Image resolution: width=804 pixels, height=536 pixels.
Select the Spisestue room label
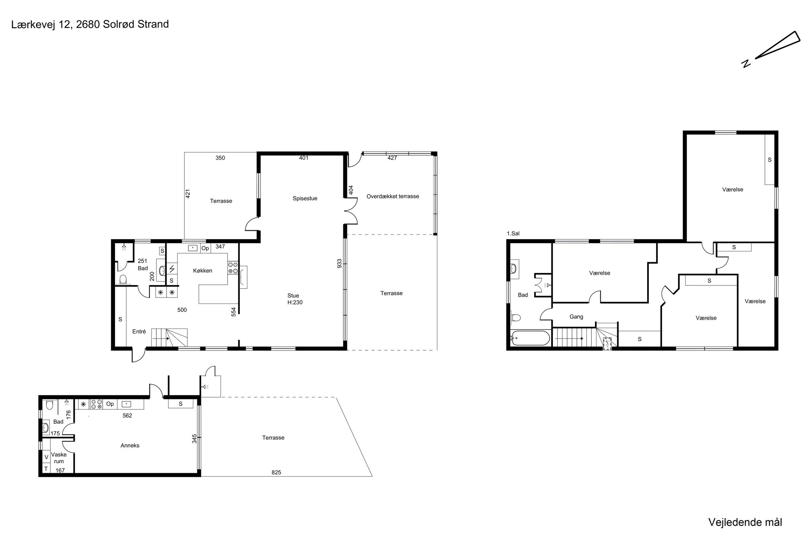[305, 198]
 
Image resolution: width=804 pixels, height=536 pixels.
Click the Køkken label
[203, 271]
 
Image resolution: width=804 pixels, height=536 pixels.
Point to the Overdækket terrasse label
[393, 196]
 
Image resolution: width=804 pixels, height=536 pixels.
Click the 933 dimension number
[340, 263]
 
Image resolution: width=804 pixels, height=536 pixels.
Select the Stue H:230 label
[294, 299]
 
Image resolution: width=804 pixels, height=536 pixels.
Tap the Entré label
[139, 332]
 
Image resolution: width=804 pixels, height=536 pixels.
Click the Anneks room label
[130, 446]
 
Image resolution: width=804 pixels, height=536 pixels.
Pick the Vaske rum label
[59, 458]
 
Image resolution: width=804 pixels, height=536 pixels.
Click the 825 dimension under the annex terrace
[276, 472]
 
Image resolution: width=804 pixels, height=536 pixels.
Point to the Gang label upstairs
[576, 317]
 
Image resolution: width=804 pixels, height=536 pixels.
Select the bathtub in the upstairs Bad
[531, 338]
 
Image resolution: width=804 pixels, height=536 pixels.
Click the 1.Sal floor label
[513, 234]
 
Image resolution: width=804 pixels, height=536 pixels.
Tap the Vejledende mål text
[745, 522]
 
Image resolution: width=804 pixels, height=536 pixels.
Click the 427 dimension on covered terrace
[392, 158]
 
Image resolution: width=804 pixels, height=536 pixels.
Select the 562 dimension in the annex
[127, 416]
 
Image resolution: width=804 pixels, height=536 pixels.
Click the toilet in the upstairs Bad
[516, 318]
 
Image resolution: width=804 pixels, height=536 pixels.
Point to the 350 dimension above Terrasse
[220, 158]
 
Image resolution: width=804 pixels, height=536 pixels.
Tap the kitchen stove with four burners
[233, 268]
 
